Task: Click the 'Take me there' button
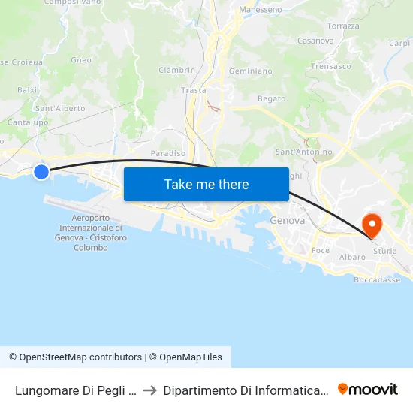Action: [206, 184]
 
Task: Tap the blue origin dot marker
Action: [41, 172]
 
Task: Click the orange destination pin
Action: [372, 225]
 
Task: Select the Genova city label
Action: [287, 221]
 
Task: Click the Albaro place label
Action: [352, 257]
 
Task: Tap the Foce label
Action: [321, 250]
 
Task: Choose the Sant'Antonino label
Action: [304, 152]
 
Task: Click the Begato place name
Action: [271, 98]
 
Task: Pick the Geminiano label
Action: [250, 71]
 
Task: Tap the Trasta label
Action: [194, 90]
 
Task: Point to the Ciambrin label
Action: [176, 70]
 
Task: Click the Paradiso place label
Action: [168, 153]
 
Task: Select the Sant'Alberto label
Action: [60, 108]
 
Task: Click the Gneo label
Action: [81, 60]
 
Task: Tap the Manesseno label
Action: [261, 10]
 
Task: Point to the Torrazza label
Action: [344, 26]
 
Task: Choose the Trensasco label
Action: [331, 66]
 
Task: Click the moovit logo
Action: [368, 389]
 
